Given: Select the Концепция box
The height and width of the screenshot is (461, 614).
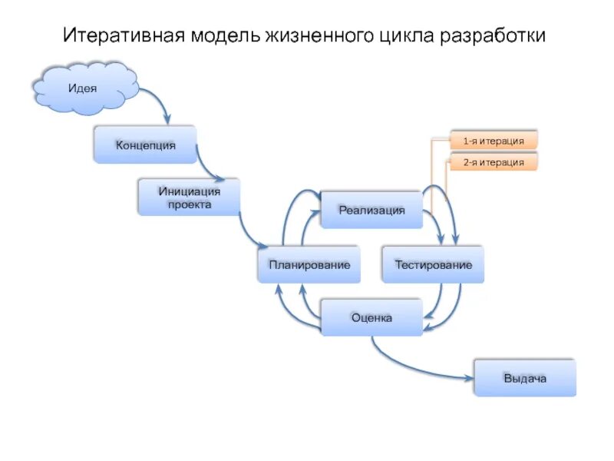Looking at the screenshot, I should (x=145, y=144).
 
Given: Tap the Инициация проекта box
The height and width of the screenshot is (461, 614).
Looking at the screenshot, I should (x=189, y=197).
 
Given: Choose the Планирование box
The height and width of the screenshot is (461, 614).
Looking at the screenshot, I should (x=309, y=264).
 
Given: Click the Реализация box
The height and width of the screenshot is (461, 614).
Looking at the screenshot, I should (x=371, y=210).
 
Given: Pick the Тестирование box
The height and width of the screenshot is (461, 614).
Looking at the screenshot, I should (x=433, y=264).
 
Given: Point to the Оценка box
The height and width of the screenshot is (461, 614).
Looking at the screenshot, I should (x=371, y=317).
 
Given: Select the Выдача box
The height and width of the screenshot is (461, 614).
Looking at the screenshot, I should (x=524, y=378).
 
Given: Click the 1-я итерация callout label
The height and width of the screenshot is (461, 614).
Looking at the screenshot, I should (x=494, y=141).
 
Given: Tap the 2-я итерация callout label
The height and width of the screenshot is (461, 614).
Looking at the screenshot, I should (x=494, y=162).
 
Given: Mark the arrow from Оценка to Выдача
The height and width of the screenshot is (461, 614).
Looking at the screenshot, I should (x=414, y=368).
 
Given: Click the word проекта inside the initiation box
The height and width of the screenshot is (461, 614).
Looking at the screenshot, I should (x=189, y=204).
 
